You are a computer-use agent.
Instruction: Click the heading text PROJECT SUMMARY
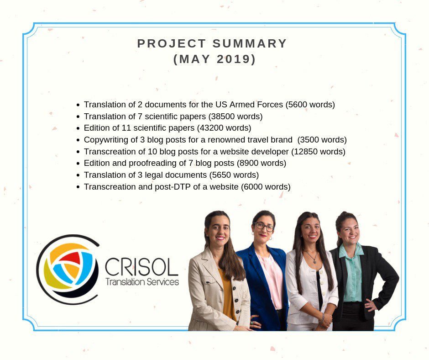(x=212, y=44)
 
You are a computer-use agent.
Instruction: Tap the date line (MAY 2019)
(x=214, y=59)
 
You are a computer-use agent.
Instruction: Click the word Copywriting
(x=105, y=140)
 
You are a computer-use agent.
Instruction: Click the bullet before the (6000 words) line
(x=78, y=187)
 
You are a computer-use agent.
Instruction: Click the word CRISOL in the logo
(x=141, y=267)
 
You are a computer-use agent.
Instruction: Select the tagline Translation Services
(x=142, y=282)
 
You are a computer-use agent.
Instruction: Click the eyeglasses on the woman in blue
(x=264, y=226)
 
